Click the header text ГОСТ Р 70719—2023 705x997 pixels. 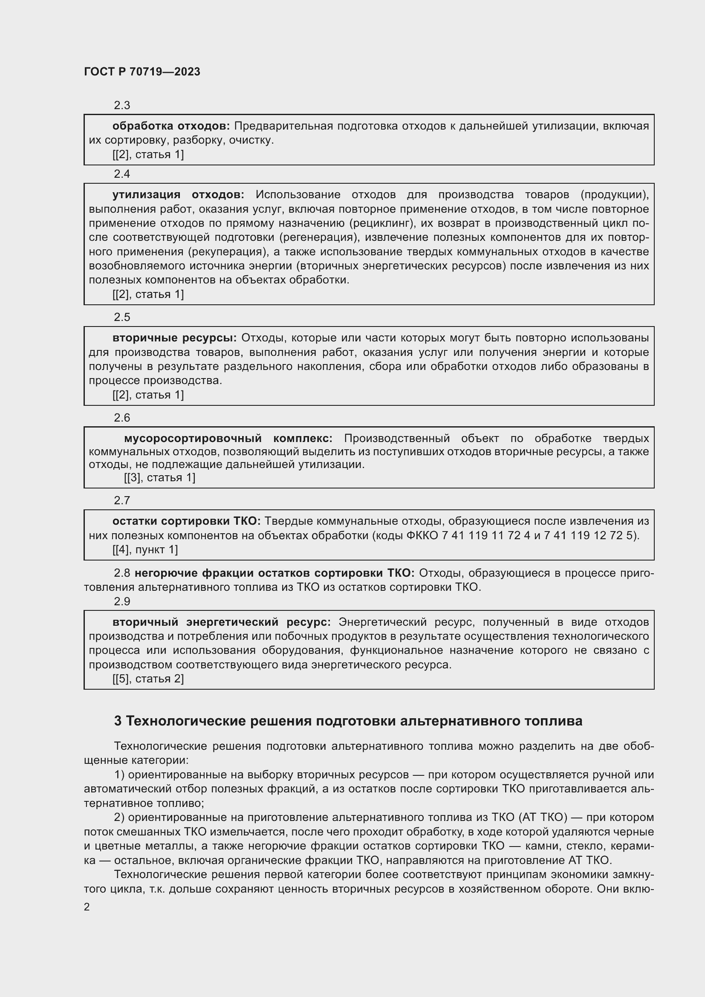click(142, 72)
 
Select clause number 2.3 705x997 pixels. click(122, 106)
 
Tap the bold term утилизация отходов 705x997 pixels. click(178, 195)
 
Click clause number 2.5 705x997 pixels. click(122, 318)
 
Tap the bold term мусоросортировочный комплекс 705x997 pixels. click(228, 438)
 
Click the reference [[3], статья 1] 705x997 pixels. click(159, 478)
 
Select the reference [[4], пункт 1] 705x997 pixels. click(145, 550)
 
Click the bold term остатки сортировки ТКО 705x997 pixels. click(186, 521)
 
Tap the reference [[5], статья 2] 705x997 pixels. click(148, 679)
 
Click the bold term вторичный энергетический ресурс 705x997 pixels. click(221, 622)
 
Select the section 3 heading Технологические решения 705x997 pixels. click(348, 721)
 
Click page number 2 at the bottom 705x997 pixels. click(87, 907)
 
